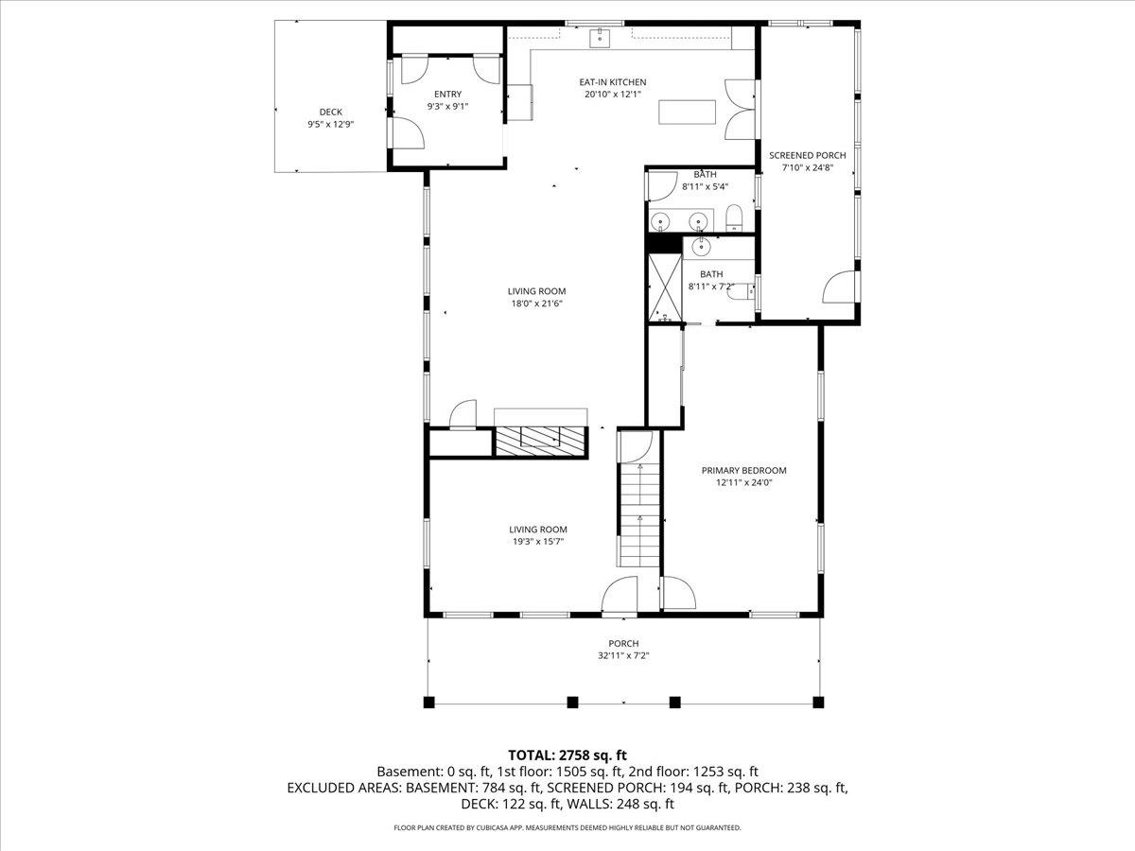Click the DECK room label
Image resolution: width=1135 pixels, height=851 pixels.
point(330,113)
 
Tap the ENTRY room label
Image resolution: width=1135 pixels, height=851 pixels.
point(447,94)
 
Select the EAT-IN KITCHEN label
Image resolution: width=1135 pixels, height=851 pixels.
point(613,82)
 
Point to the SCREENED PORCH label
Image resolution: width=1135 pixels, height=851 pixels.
point(807,155)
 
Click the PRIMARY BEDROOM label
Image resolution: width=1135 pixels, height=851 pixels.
point(743,471)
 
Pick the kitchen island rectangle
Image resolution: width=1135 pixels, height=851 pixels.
point(688,113)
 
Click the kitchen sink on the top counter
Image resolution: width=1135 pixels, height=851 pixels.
point(601,38)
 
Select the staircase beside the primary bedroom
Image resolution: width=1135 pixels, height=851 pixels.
point(639,514)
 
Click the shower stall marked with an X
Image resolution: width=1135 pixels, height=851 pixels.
point(665,288)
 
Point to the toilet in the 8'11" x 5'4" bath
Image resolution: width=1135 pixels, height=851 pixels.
point(734,217)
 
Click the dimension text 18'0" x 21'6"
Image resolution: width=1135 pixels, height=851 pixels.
point(536,304)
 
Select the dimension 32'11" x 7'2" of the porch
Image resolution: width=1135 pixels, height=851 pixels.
point(623,656)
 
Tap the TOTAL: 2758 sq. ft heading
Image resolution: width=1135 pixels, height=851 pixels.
point(567,755)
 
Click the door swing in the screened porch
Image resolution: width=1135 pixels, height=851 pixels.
point(838,287)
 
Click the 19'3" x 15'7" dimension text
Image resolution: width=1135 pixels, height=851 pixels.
point(538,542)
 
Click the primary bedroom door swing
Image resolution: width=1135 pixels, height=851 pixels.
point(679,593)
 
